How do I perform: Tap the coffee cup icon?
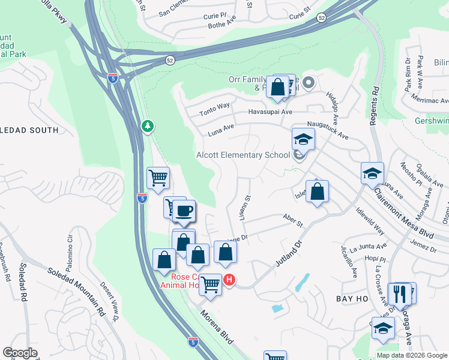[184, 211]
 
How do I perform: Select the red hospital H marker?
[229, 280]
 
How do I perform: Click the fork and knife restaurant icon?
[399, 294]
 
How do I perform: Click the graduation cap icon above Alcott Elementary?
[303, 140]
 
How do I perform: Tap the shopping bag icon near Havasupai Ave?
[278, 87]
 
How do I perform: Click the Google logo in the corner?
[20, 353]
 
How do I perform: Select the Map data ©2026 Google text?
[411, 355]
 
